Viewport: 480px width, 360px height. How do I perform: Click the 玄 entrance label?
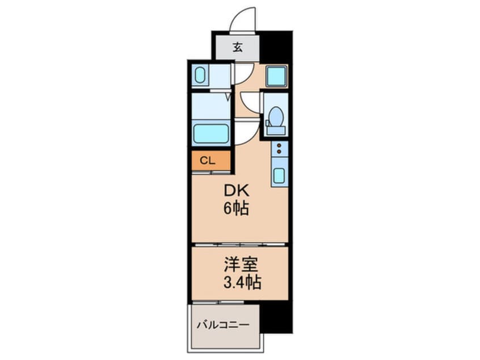tap(238, 48)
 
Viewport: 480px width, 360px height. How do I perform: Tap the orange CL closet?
tap(210, 161)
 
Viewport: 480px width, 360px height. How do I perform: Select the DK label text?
tap(237, 191)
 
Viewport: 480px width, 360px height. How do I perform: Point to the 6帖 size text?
tap(235, 208)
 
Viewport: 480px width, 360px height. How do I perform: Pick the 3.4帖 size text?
tap(242, 282)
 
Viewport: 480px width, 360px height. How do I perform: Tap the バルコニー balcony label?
tap(223, 324)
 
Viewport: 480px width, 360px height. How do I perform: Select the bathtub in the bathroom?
tap(210, 133)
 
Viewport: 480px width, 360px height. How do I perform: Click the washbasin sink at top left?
tap(200, 75)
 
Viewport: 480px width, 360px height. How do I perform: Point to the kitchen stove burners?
tap(279, 149)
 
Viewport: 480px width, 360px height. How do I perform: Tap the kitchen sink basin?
tap(279, 175)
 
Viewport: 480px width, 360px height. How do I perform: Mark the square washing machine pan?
tap(276, 76)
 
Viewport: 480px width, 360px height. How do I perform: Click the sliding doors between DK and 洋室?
tap(240, 245)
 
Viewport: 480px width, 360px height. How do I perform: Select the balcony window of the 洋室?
tap(218, 303)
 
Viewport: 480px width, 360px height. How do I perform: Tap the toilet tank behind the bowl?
tap(276, 131)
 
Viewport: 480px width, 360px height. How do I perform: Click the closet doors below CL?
tap(211, 173)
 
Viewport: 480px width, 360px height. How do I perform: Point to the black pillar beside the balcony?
tap(276, 318)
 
